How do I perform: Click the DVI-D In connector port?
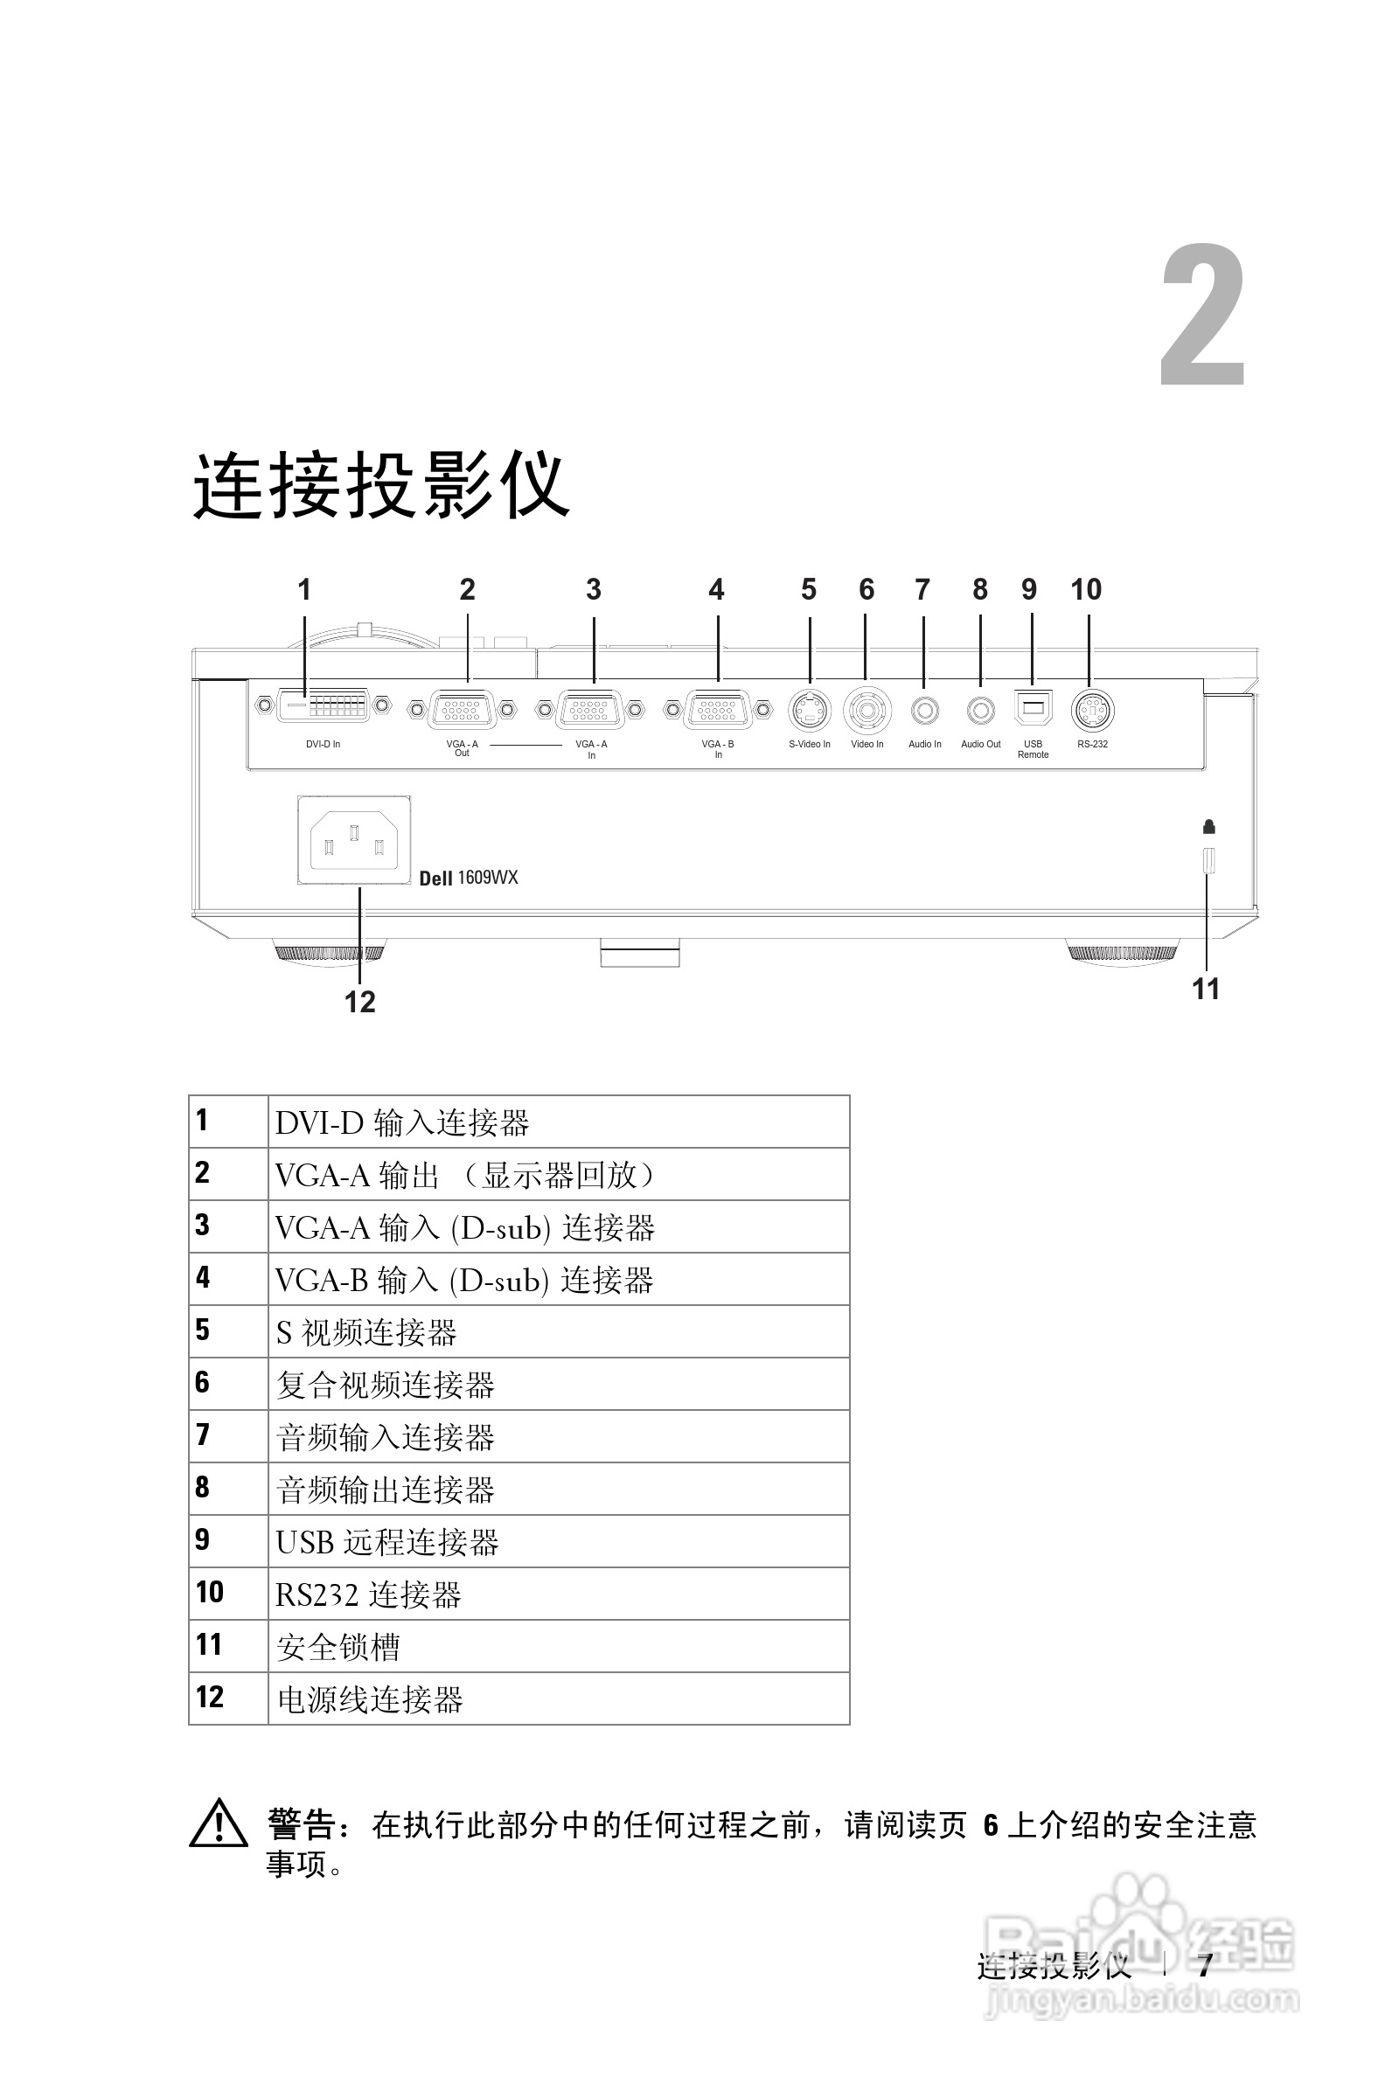(324, 705)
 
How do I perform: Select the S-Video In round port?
(809, 709)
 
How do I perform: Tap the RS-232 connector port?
(1092, 710)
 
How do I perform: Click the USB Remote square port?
(1033, 708)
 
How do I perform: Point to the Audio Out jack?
(980, 710)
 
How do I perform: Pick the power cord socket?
(354, 840)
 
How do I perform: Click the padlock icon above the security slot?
(1209, 827)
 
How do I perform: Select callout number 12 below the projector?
(359, 1002)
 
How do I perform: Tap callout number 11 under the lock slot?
(1206, 988)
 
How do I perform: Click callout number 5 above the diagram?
(808, 589)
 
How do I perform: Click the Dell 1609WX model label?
(468, 877)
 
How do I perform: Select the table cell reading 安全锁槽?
(338, 1647)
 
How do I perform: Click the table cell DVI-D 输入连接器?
(402, 1122)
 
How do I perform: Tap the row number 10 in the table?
(210, 1592)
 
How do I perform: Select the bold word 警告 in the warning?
(300, 1824)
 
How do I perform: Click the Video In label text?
(866, 745)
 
